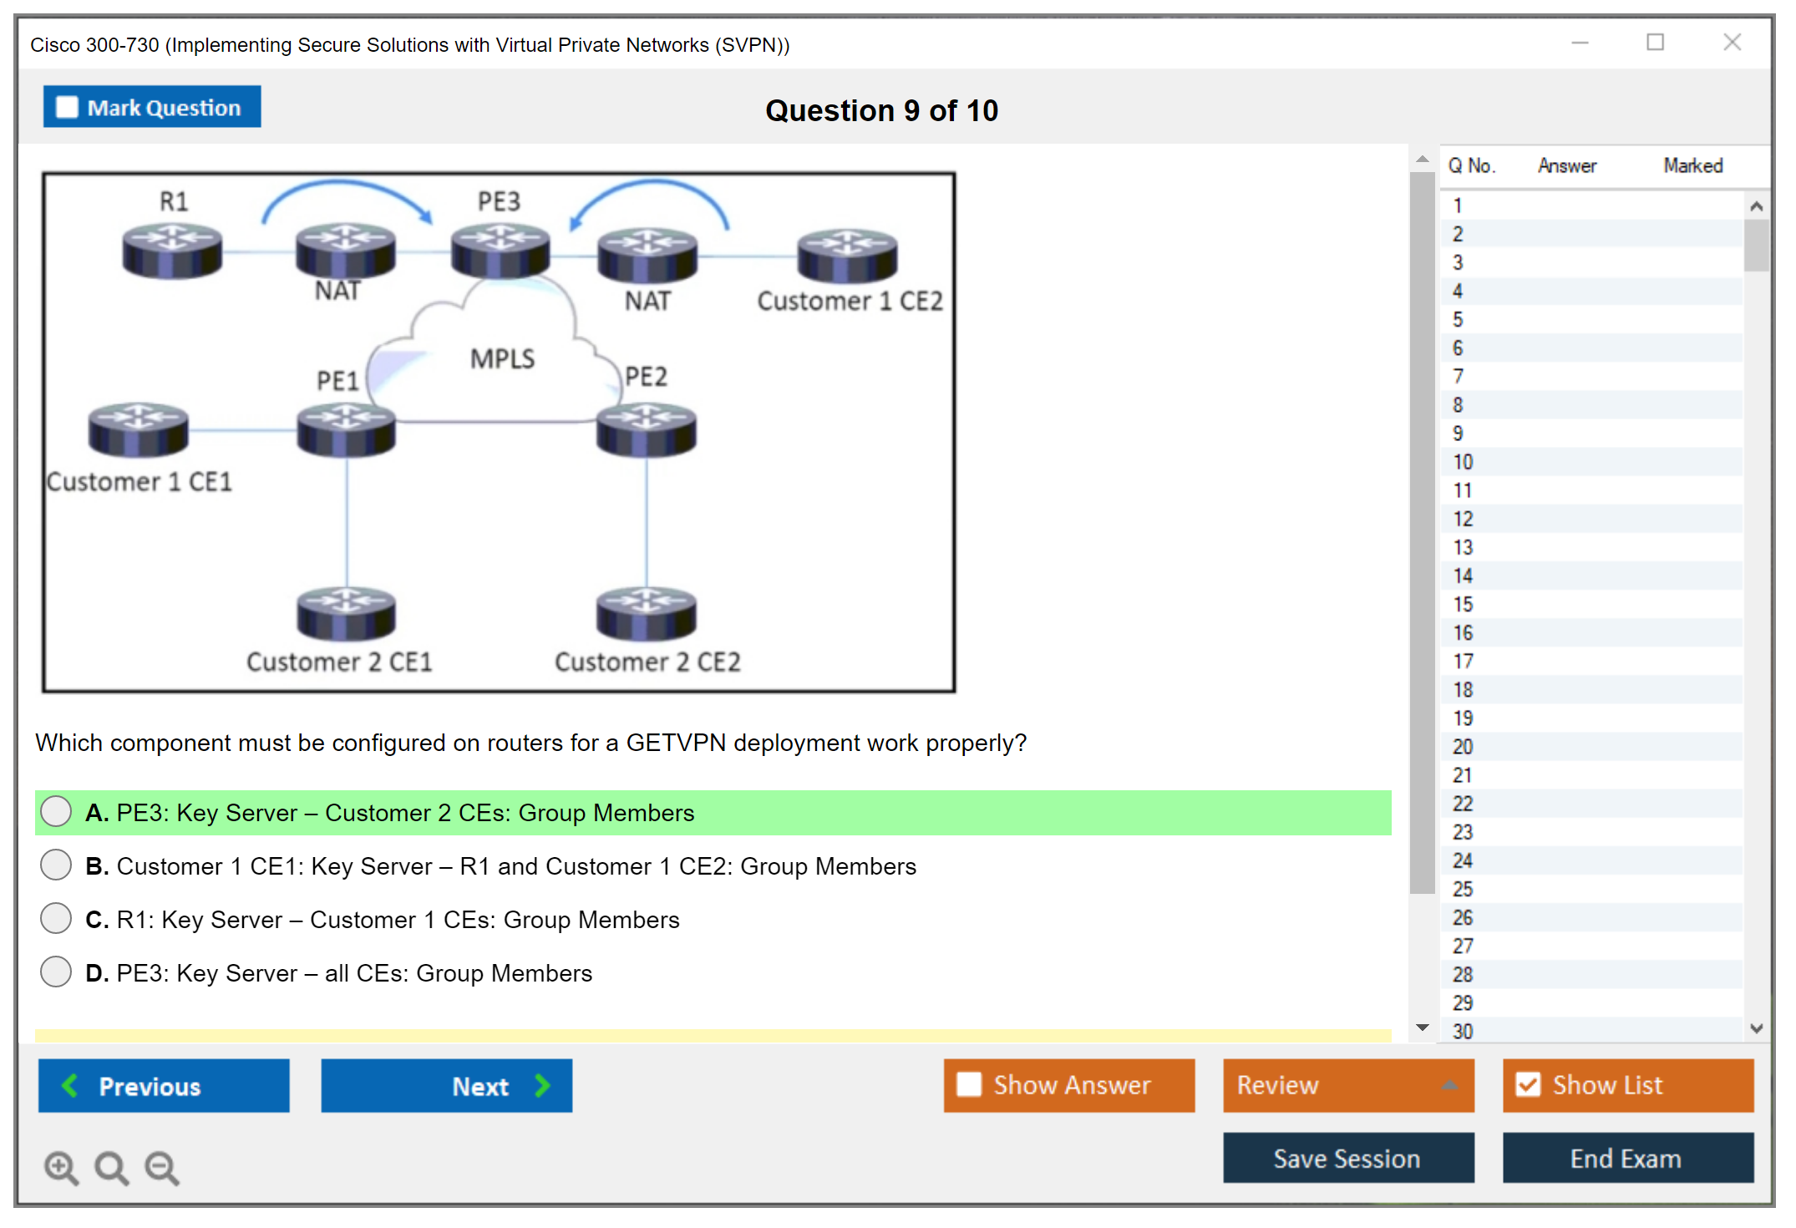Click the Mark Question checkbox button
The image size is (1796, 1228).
152,107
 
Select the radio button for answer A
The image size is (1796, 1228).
56,811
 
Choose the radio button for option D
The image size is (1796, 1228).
56,972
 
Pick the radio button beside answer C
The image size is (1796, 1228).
56,918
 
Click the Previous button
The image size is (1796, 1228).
164,1085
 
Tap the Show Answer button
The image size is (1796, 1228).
1069,1085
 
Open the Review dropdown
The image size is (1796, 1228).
1348,1085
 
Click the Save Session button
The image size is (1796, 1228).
1348,1158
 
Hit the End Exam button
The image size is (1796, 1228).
1628,1158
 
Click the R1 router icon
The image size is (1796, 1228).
172,251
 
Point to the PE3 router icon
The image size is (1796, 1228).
500,251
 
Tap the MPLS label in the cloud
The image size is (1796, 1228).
502,358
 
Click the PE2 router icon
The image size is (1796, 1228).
646,429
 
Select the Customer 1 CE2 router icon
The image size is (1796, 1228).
847,256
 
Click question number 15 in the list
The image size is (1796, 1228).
1463,604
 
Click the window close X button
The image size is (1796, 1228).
1732,42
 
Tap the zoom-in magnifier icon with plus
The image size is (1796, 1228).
62,1168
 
